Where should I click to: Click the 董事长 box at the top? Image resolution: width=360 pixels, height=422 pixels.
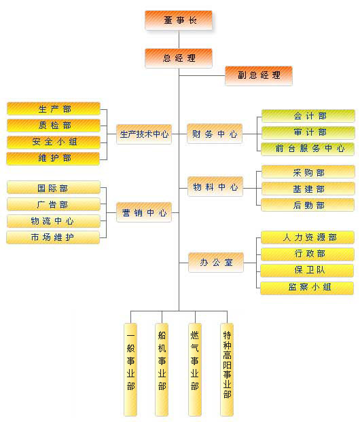179,20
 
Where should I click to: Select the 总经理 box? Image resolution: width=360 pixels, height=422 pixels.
179,58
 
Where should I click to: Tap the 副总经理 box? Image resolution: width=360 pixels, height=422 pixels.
259,75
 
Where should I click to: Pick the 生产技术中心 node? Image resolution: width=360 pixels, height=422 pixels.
144,134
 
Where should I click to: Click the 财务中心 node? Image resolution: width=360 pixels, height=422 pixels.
215,134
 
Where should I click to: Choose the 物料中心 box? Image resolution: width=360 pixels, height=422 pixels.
215,187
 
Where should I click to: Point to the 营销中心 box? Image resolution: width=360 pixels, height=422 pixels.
144,212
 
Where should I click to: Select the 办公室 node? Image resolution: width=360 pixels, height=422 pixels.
216,263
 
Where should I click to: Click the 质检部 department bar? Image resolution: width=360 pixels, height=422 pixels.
54,126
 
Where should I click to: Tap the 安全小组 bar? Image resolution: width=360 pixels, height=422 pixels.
54,142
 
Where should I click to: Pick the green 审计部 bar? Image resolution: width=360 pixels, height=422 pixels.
308,133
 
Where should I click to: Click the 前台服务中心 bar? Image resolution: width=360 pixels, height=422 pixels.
308,149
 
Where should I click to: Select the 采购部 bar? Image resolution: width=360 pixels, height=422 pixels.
308,172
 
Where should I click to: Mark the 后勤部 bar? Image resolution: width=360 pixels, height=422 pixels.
308,205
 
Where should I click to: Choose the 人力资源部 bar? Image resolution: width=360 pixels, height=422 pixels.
308,237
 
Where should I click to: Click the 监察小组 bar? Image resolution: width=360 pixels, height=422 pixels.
307,288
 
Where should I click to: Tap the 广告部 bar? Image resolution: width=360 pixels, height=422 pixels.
54,204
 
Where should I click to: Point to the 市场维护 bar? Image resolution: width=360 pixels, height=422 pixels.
53,237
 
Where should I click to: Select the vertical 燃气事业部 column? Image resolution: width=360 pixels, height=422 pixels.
195,370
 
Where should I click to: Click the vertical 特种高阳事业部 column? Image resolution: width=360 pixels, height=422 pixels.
227,370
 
